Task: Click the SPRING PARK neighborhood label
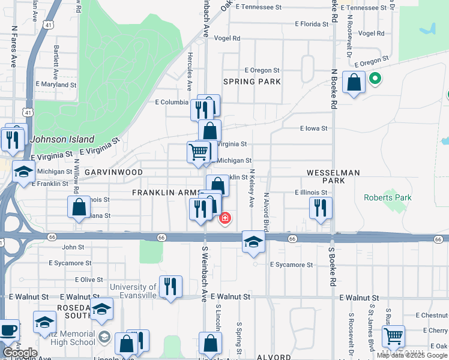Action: [244, 81]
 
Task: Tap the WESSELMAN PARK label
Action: [333, 176]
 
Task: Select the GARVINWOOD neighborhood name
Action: [113, 172]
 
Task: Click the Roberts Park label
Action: [388, 197]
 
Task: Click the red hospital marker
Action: [225, 218]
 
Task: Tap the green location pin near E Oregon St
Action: [375, 79]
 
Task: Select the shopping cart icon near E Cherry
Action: [393, 336]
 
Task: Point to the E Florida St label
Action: [312, 24]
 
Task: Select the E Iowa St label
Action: [313, 128]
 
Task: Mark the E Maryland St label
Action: [56, 85]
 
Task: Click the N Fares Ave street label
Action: [13, 46]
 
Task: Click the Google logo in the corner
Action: [20, 353]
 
